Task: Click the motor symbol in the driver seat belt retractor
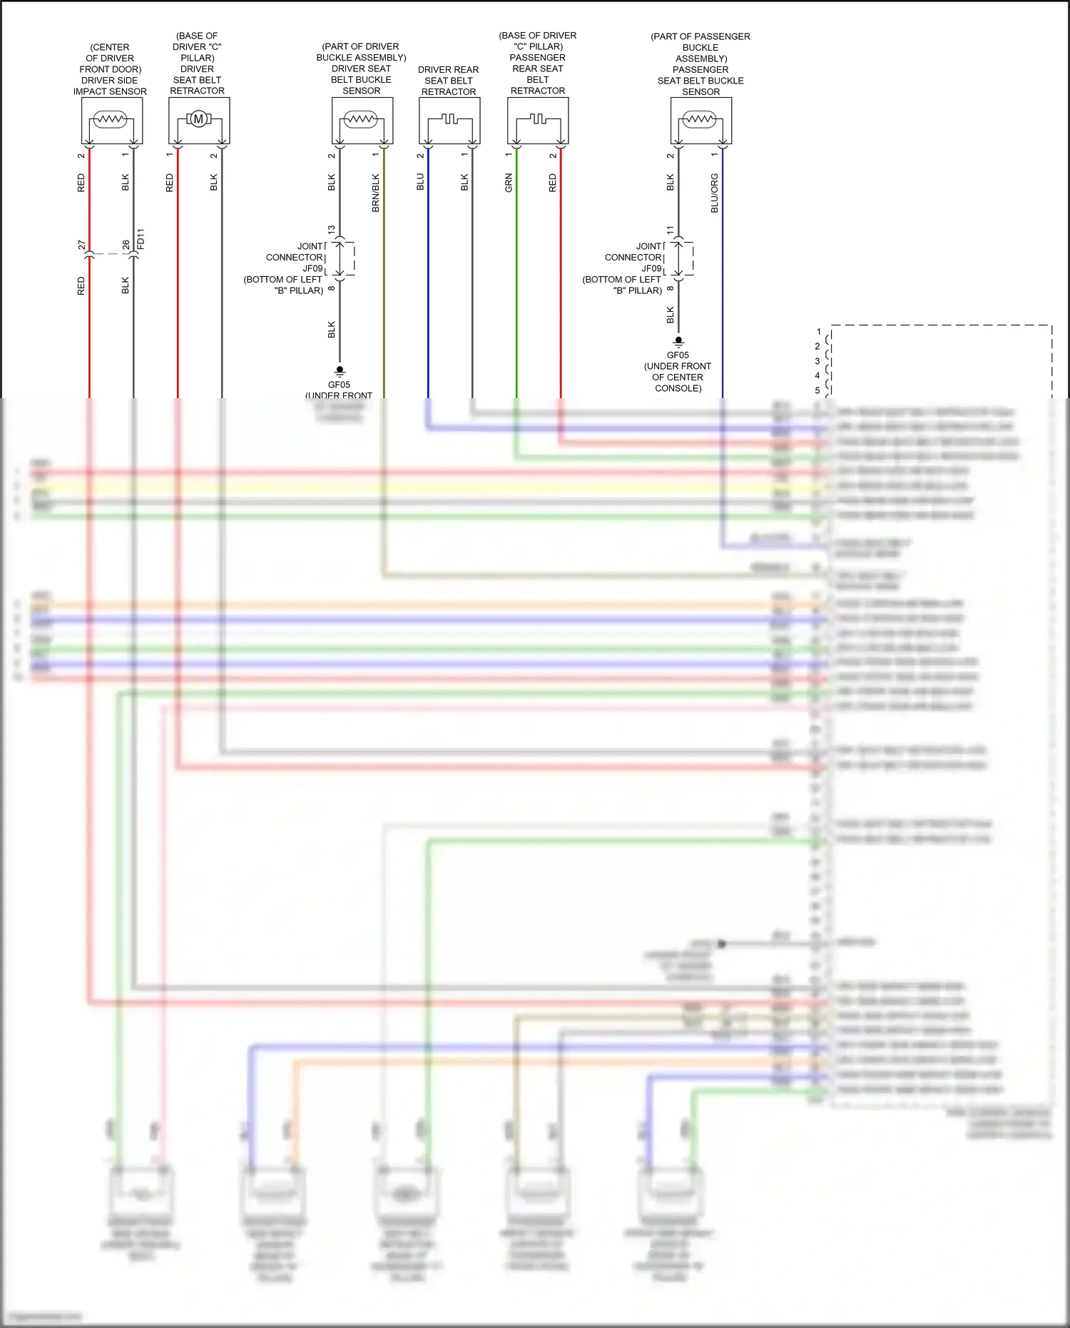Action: pos(199,119)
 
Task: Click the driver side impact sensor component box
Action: pos(112,121)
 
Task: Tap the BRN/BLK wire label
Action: pos(376,193)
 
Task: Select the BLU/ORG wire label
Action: pos(715,193)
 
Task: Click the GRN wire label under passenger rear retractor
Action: pos(509,183)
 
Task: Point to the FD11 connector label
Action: pos(141,238)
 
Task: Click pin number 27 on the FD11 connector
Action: pos(81,245)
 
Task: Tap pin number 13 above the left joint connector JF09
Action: pos(331,230)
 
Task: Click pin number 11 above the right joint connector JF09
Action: pos(670,230)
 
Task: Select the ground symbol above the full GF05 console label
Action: pos(678,342)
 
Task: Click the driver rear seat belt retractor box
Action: pos(449,121)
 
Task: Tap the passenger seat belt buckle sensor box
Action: pos(701,121)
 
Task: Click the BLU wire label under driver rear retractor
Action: pos(420,182)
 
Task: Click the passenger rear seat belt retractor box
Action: pos(538,121)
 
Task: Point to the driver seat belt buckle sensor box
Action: pos(362,121)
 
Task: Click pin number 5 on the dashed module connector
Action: pos(817,390)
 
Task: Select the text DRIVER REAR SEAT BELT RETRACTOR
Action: pos(449,81)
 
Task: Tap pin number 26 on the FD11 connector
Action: pos(126,245)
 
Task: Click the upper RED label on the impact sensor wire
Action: pos(81,183)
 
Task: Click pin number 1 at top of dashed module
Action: pos(819,332)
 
